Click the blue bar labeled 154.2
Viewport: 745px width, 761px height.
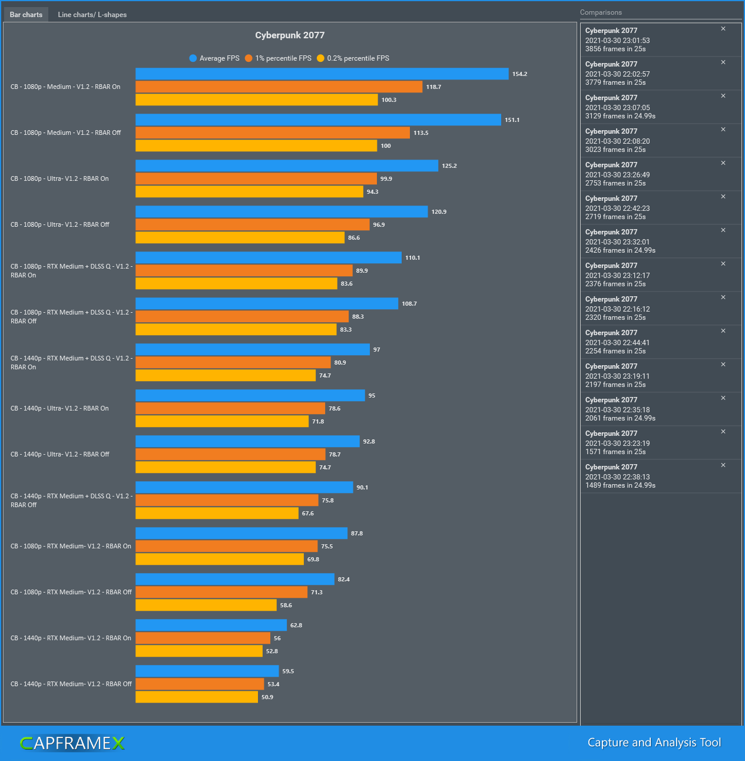pyautogui.click(x=322, y=74)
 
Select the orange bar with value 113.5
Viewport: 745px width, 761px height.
pyautogui.click(x=272, y=133)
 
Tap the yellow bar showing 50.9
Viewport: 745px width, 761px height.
pyautogui.click(x=197, y=697)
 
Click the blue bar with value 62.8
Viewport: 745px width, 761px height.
pyautogui.click(x=211, y=626)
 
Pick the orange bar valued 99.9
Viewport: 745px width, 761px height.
pyautogui.click(x=256, y=179)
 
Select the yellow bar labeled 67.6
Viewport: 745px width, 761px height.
pyautogui.click(x=217, y=514)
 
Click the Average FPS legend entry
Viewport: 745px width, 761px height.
pyautogui.click(x=214, y=58)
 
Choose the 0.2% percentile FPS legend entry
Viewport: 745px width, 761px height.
pyautogui.click(x=353, y=58)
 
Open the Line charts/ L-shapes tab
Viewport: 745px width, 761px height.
pyautogui.click(x=92, y=15)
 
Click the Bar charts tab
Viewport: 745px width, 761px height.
pyautogui.click(x=26, y=15)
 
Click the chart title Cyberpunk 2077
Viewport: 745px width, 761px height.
pyautogui.click(x=290, y=35)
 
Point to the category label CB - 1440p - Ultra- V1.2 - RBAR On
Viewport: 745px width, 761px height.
pyautogui.click(x=59, y=409)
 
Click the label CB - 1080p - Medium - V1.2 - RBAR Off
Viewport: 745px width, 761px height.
pyautogui.click(x=65, y=133)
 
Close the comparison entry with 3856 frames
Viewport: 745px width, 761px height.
pyautogui.click(x=723, y=29)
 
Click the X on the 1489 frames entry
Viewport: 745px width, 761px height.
pyautogui.click(x=723, y=465)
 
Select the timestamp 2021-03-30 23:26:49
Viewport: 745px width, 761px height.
pyautogui.click(x=617, y=175)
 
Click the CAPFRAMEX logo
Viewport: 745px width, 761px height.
pyautogui.click(x=72, y=743)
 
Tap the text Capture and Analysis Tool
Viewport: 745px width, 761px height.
pyautogui.click(x=654, y=743)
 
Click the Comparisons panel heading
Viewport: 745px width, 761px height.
pyautogui.click(x=601, y=12)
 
